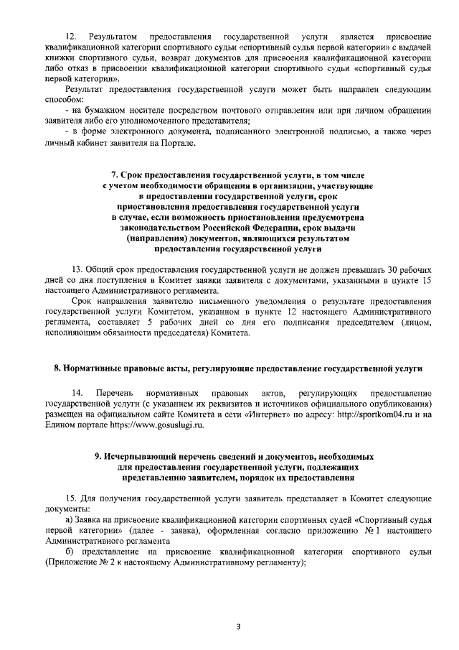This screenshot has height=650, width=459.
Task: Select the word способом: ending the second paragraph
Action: pos(63,98)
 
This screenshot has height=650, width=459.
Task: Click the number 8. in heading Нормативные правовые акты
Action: pos(58,368)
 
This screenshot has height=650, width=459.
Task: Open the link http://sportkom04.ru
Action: pos(379,414)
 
